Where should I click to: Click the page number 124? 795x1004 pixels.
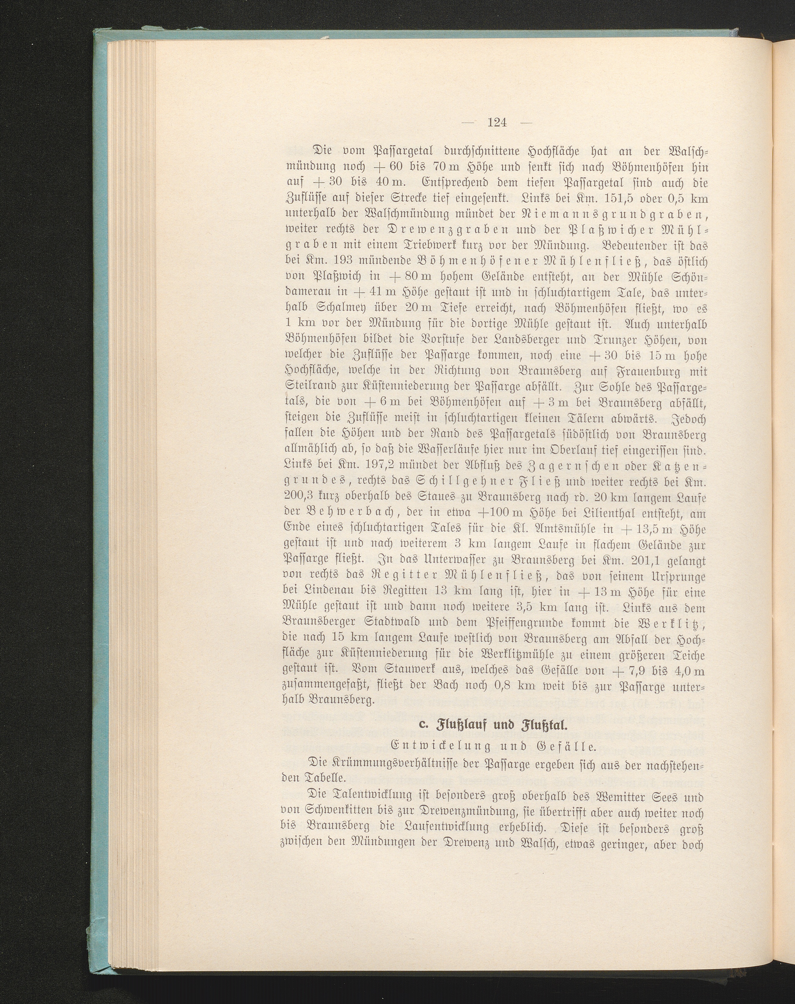497,123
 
